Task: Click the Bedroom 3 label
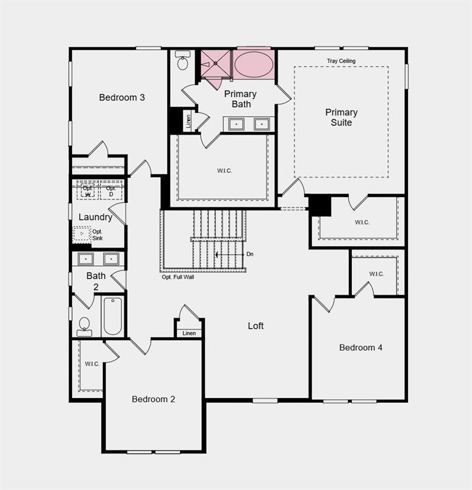pyautogui.click(x=121, y=98)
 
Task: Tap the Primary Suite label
pyautogui.click(x=341, y=117)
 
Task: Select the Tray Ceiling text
pyautogui.click(x=341, y=61)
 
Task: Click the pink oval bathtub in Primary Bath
pyautogui.click(x=253, y=64)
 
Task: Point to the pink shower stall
pyautogui.click(x=214, y=63)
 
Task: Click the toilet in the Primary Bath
pyautogui.click(x=183, y=62)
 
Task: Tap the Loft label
pyautogui.click(x=255, y=326)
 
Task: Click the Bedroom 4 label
pyautogui.click(x=361, y=348)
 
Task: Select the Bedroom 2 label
pyautogui.click(x=153, y=399)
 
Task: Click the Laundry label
pyautogui.click(x=95, y=217)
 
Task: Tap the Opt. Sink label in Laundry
pyautogui.click(x=97, y=235)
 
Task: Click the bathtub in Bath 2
pyautogui.click(x=112, y=316)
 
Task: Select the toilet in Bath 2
pyautogui.click(x=84, y=326)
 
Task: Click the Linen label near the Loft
pyautogui.click(x=189, y=333)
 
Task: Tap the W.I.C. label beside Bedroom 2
pyautogui.click(x=92, y=364)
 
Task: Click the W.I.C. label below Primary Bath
pyautogui.click(x=224, y=171)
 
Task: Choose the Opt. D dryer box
pyautogui.click(x=110, y=191)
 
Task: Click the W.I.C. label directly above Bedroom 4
pyautogui.click(x=376, y=274)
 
